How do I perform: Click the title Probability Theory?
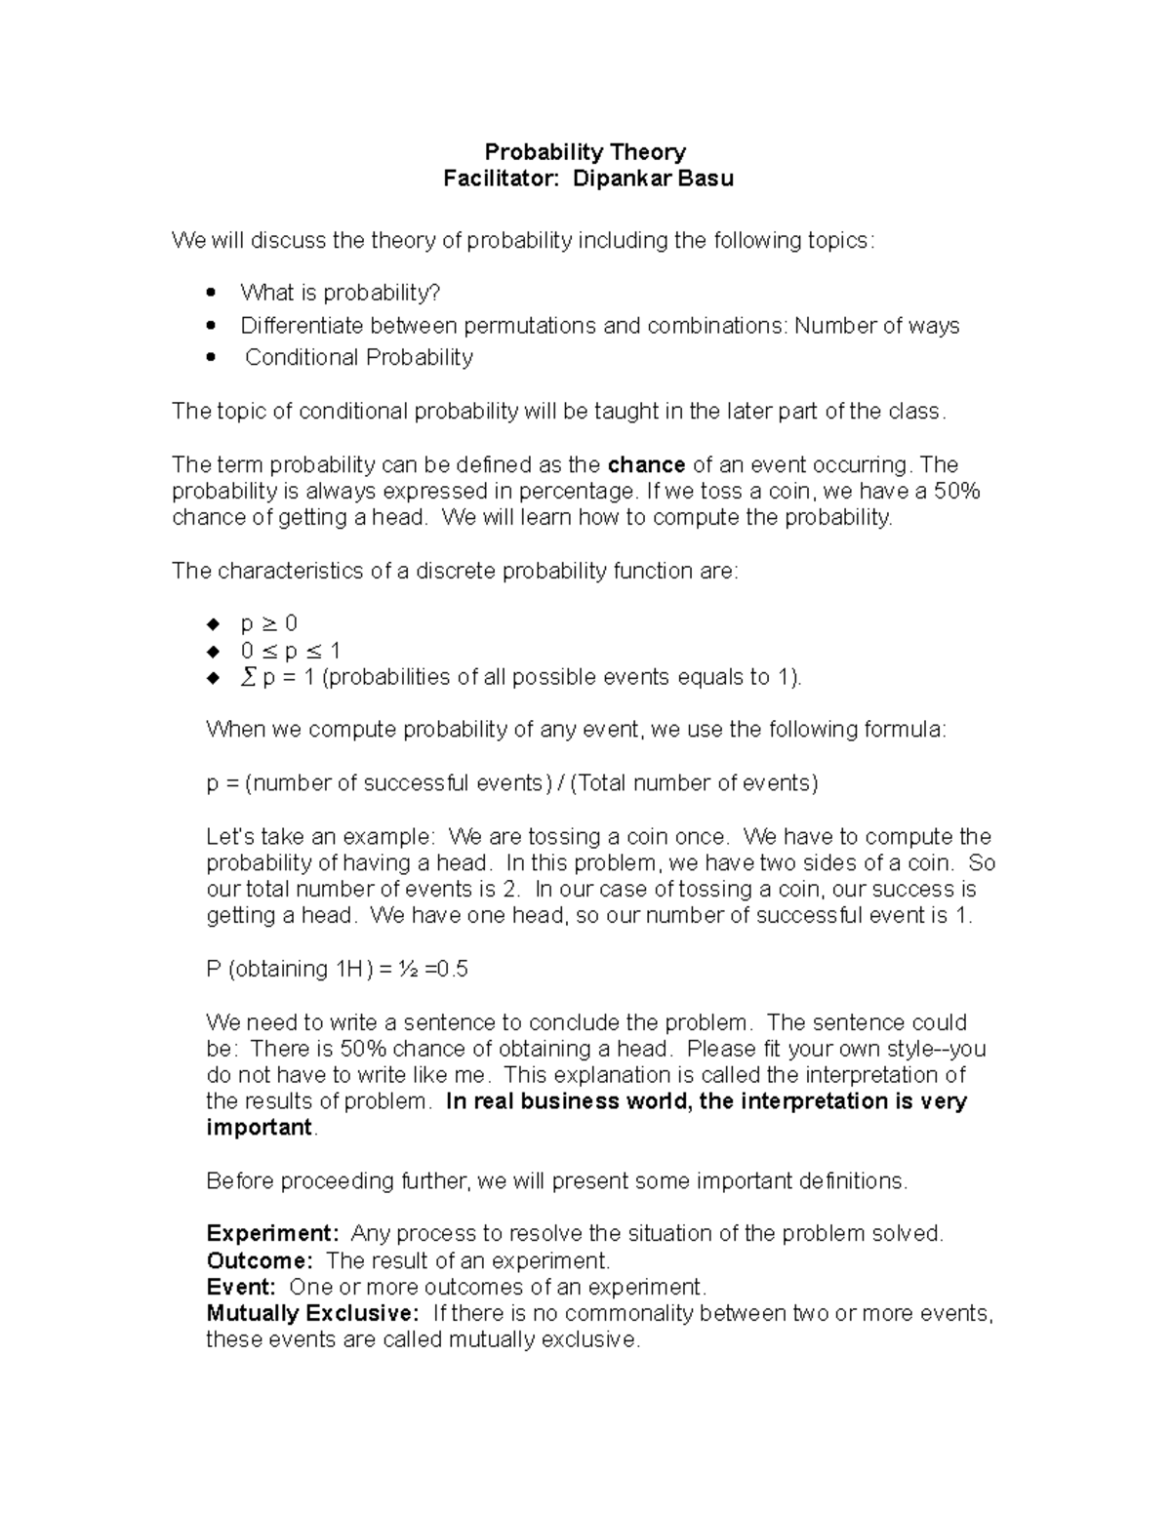(x=585, y=152)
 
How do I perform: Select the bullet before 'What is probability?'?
(x=211, y=293)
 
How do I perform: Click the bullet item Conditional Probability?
(x=358, y=358)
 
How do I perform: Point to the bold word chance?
(x=646, y=464)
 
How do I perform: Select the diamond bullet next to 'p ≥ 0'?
(x=212, y=624)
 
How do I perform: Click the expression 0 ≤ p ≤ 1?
(x=290, y=651)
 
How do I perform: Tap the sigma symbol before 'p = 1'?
(x=247, y=677)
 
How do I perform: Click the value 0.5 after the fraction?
(x=453, y=969)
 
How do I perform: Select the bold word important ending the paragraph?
(x=259, y=1128)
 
